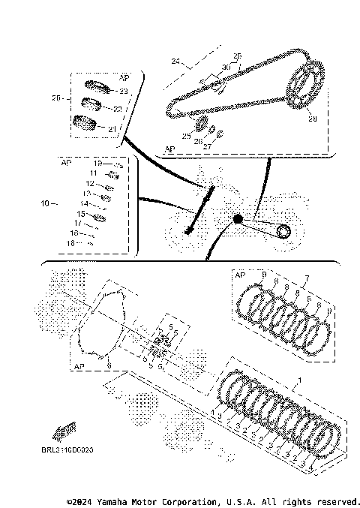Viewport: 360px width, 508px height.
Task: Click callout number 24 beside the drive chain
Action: (x=176, y=60)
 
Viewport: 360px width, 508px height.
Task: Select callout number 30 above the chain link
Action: (x=226, y=68)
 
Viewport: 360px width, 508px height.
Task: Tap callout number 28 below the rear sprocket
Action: (x=313, y=119)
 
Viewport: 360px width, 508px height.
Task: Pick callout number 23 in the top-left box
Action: (x=124, y=91)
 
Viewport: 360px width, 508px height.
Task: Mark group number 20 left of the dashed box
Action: (x=56, y=98)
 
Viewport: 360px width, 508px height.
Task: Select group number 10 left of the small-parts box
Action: (x=44, y=203)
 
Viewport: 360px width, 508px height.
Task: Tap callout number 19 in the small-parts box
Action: (x=97, y=164)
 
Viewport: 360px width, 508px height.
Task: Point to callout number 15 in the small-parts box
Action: (x=80, y=214)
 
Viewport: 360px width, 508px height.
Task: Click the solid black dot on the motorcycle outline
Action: (x=238, y=219)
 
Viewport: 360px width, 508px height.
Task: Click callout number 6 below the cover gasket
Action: (x=109, y=365)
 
